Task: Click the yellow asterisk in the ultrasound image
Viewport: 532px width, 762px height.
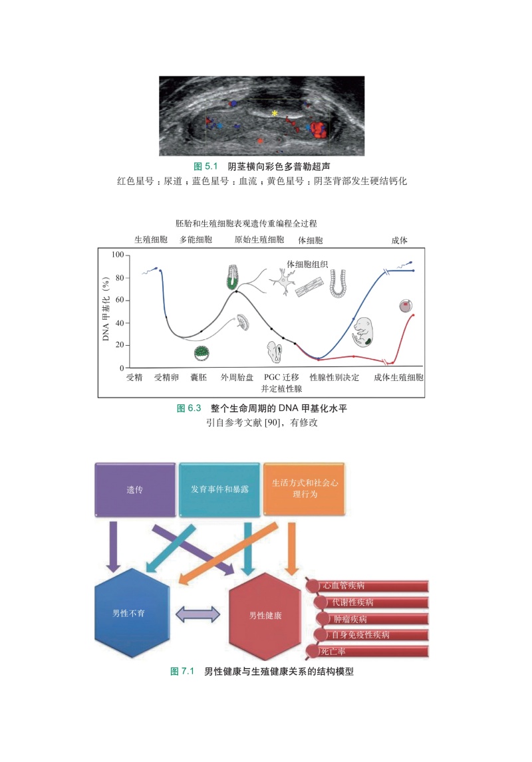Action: pyautogui.click(x=274, y=114)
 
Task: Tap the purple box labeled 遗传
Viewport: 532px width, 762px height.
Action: pyautogui.click(x=135, y=490)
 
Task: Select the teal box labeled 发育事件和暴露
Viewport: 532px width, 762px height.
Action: pyautogui.click(x=219, y=490)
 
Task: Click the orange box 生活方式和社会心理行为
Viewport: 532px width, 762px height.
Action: pyautogui.click(x=305, y=490)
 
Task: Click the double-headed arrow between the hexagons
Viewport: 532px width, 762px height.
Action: pyautogui.click(x=198, y=614)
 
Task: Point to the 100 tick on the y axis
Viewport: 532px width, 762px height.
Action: pyautogui.click(x=118, y=255)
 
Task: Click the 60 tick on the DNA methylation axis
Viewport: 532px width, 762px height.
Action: pyautogui.click(x=119, y=301)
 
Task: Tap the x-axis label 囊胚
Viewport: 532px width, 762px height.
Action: pyautogui.click(x=198, y=378)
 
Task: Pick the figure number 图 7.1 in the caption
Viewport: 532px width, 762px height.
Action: pyautogui.click(x=182, y=672)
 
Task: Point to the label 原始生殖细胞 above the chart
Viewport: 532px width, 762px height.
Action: pyautogui.click(x=259, y=239)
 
